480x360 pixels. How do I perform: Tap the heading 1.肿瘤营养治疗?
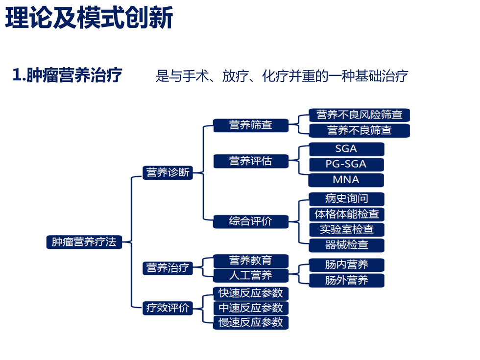(x=67, y=75)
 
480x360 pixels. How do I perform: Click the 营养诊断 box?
(x=168, y=172)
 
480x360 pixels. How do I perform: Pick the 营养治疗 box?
(x=168, y=268)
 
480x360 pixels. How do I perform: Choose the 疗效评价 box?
(x=168, y=308)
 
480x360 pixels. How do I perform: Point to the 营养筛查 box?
(x=250, y=125)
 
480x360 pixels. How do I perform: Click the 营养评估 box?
(x=250, y=161)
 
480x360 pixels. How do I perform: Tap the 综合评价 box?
(x=250, y=221)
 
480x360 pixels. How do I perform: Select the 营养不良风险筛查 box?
(x=359, y=115)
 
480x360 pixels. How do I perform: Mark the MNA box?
(x=346, y=180)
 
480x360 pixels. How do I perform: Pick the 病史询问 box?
(x=346, y=199)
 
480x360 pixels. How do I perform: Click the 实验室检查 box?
(x=346, y=229)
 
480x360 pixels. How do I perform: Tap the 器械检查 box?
(x=346, y=244)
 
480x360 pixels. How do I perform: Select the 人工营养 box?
(x=250, y=275)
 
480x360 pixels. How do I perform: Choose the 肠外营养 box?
(x=346, y=281)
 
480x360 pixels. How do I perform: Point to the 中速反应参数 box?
(x=250, y=308)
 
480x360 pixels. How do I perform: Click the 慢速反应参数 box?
(x=250, y=322)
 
